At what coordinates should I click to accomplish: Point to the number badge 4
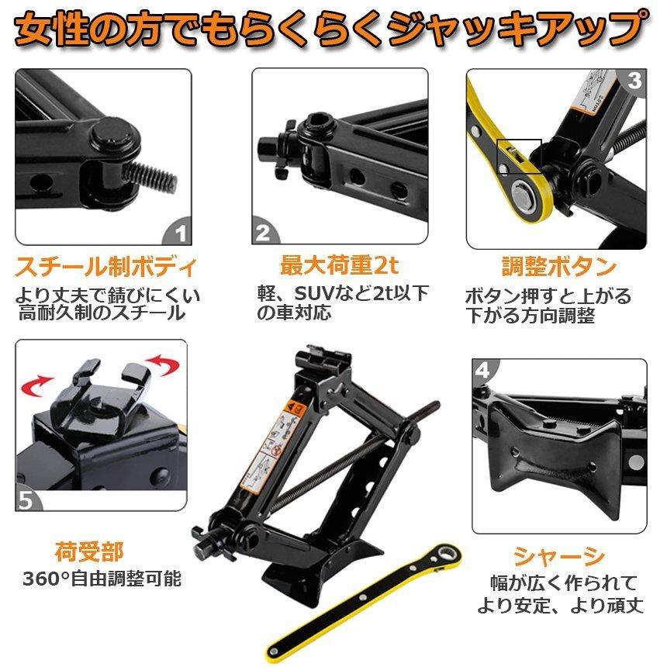(482, 370)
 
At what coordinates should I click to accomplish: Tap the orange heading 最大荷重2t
(339, 267)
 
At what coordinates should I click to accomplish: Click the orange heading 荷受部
(89, 552)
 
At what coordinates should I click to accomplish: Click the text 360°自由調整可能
(102, 579)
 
